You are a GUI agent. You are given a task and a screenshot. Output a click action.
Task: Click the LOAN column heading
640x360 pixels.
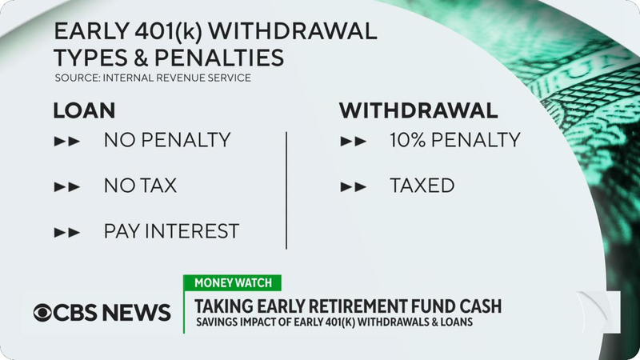[84, 110]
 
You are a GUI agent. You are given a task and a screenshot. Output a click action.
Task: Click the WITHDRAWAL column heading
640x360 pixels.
[418, 110]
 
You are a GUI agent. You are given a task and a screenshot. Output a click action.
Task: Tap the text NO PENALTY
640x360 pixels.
[167, 140]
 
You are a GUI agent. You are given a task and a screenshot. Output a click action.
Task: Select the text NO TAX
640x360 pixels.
[141, 186]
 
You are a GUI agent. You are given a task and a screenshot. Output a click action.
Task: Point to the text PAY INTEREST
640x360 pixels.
[171, 231]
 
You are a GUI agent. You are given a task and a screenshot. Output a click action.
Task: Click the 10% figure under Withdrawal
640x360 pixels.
[409, 140]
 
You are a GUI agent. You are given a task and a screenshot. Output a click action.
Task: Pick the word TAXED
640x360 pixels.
[422, 186]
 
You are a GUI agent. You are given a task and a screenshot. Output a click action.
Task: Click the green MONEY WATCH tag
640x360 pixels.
[233, 283]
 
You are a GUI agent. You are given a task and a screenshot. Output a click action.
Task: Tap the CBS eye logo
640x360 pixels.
[42, 313]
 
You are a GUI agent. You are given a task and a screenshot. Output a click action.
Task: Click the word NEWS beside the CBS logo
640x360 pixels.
[136, 313]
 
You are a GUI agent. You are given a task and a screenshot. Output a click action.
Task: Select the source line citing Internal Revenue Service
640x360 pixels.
[153, 78]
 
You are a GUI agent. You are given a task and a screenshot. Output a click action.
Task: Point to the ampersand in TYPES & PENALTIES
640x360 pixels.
[140, 57]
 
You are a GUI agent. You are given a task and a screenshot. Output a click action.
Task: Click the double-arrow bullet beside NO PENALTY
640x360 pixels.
[67, 142]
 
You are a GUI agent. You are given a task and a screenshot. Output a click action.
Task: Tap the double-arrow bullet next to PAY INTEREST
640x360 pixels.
[67, 233]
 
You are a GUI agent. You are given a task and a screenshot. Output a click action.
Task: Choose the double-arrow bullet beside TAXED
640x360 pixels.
[354, 187]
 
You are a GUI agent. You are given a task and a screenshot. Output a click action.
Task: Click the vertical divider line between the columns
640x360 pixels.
[286, 190]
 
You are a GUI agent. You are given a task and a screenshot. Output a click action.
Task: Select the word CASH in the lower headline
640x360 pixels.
[481, 306]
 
